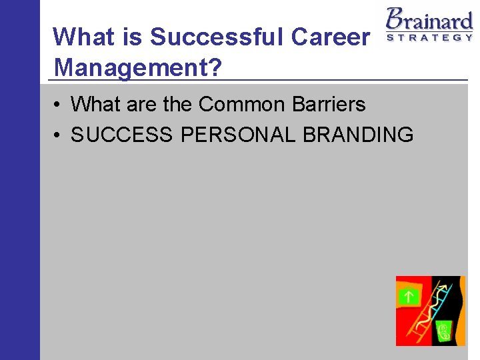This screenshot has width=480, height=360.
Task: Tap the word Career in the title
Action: (330, 37)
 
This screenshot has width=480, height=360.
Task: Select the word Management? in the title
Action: (139, 67)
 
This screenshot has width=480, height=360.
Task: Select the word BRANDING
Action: (358, 135)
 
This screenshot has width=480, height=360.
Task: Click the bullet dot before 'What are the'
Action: (59, 105)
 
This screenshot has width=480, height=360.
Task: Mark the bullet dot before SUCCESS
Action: (59, 136)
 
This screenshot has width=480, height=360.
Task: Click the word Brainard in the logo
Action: (430, 18)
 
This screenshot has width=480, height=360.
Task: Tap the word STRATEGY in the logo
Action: (430, 37)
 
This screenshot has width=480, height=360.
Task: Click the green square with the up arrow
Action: (408, 297)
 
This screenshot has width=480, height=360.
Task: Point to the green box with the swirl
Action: (443, 329)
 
